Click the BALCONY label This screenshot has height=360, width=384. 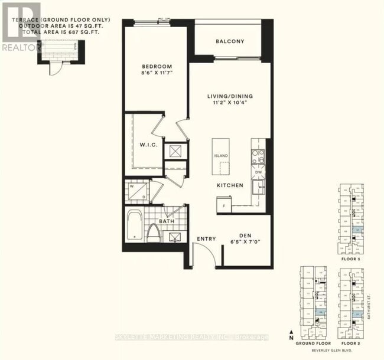pos(229,41)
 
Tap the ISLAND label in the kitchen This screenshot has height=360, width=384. pos(221,156)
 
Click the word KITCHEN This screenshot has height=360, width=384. pos(230,186)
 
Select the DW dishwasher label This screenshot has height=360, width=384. pos(259,172)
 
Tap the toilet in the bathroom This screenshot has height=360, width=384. pos(153,232)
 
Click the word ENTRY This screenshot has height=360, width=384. pos(206,239)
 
